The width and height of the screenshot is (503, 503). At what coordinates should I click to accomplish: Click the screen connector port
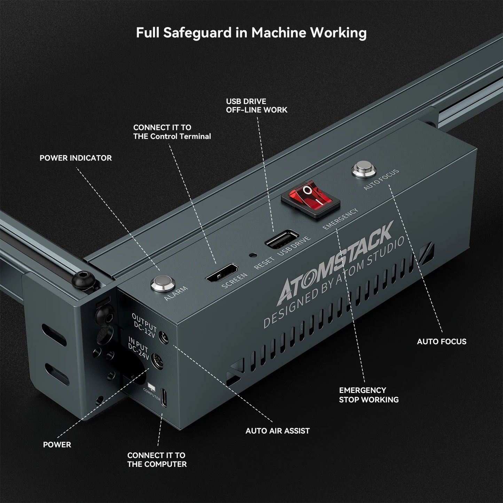point(222,273)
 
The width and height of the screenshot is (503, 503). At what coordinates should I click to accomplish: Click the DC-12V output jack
point(163,337)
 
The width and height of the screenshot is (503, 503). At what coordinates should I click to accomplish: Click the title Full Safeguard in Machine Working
point(251,33)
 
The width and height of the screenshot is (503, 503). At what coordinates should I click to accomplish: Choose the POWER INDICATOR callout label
point(76,158)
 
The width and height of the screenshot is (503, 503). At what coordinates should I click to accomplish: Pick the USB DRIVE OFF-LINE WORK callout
point(257,105)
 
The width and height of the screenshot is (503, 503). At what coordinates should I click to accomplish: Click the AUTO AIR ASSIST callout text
point(277,431)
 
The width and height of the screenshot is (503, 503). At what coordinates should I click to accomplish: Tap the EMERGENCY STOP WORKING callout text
point(369,395)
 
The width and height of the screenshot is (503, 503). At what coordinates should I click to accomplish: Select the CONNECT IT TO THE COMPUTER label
point(157,459)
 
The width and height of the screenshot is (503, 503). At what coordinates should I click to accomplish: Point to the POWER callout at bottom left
point(57,445)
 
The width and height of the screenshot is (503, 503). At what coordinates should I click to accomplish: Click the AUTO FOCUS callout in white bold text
point(441,341)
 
